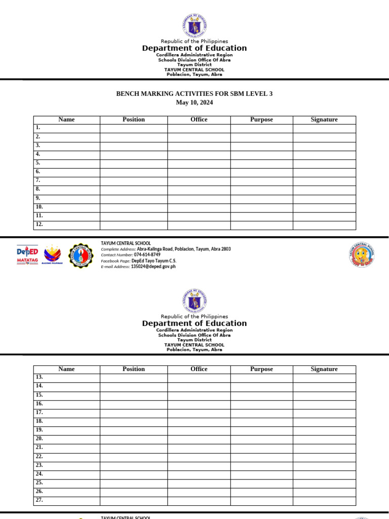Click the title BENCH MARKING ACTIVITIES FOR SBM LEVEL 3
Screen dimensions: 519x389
(x=194, y=94)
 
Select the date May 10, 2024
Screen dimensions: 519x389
(x=194, y=102)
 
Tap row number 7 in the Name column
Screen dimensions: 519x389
(x=38, y=180)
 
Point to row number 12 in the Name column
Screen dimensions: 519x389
(x=40, y=225)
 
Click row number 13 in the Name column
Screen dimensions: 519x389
(x=40, y=378)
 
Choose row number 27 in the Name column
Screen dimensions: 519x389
(x=40, y=500)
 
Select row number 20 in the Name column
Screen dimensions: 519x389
(x=40, y=439)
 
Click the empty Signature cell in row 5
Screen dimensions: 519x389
(x=324, y=163)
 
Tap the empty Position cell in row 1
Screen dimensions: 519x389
(x=134, y=128)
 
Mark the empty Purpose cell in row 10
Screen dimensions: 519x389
(x=261, y=207)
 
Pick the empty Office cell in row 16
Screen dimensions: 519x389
(x=199, y=404)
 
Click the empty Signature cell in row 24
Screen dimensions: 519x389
(x=324, y=474)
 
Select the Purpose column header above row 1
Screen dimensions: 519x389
(x=261, y=120)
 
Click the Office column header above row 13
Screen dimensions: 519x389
(x=199, y=369)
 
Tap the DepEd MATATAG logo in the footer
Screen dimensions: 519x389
(x=27, y=255)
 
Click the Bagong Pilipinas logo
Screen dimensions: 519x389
(x=53, y=255)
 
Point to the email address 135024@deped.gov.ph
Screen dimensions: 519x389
(x=153, y=266)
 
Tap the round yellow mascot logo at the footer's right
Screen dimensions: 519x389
(x=362, y=255)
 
